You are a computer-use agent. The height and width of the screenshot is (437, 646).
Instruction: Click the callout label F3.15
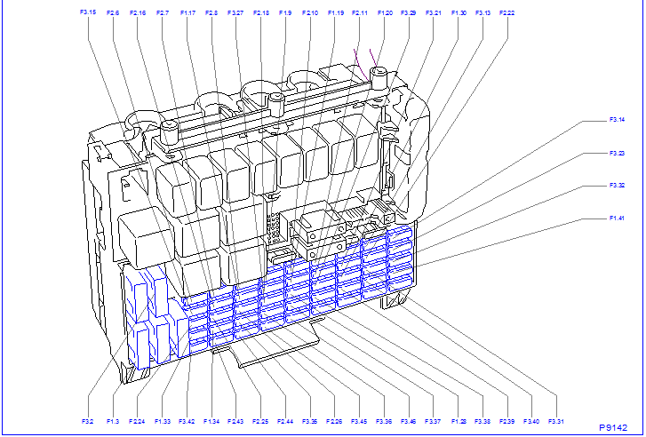click(87, 12)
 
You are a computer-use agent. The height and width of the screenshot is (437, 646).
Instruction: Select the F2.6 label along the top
click(113, 13)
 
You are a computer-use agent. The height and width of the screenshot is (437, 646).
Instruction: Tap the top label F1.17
click(187, 13)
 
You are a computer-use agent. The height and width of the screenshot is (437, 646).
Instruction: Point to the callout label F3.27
click(235, 13)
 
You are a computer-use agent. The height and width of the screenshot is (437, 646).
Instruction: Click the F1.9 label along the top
click(284, 13)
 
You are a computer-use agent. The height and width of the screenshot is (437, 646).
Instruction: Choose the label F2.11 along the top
click(360, 13)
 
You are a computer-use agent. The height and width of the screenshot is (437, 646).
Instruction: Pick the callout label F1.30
click(459, 13)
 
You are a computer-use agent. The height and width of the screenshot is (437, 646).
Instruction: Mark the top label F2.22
click(506, 13)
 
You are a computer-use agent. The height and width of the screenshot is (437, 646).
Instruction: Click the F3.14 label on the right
click(617, 119)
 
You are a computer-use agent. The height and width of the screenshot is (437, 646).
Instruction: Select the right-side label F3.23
click(617, 153)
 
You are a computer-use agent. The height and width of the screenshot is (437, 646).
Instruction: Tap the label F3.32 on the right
click(617, 186)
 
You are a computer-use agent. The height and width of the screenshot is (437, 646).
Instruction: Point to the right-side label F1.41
click(617, 218)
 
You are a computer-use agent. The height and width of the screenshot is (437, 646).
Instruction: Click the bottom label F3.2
click(87, 421)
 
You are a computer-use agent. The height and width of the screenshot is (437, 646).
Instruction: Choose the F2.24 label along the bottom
click(137, 421)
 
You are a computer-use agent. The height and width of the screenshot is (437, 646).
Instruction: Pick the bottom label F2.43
click(235, 421)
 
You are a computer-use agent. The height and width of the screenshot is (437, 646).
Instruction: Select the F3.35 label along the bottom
click(309, 421)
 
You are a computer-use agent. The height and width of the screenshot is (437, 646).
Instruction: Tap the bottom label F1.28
click(458, 421)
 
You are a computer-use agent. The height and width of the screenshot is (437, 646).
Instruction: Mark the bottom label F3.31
click(556, 421)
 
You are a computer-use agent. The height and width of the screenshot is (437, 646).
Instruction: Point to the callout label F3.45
click(359, 421)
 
